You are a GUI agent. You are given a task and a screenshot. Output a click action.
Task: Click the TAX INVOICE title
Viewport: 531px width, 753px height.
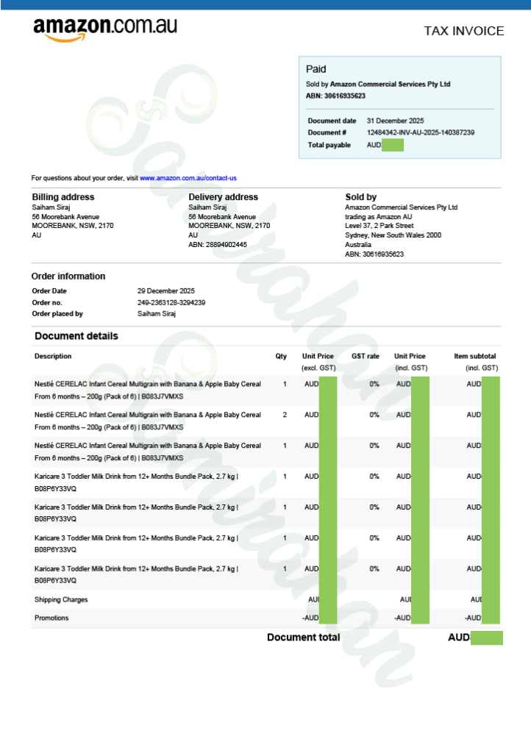click(x=463, y=31)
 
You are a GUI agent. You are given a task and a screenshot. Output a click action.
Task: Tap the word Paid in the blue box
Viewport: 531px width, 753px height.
click(x=316, y=69)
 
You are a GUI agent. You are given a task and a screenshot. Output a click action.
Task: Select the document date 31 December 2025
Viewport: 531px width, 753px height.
click(x=395, y=121)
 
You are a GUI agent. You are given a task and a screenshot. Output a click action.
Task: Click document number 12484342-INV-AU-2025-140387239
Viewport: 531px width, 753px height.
click(x=420, y=132)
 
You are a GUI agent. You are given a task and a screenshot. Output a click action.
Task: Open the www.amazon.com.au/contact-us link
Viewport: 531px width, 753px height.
click(x=188, y=178)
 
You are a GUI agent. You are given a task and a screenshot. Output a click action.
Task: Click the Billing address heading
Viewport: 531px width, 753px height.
click(x=63, y=197)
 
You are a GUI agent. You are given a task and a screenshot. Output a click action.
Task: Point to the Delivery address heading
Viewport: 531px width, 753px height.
click(x=223, y=197)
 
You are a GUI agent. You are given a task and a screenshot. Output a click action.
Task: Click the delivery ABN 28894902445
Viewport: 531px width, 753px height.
click(x=218, y=245)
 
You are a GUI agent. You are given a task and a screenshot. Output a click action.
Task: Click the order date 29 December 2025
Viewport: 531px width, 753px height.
click(x=166, y=291)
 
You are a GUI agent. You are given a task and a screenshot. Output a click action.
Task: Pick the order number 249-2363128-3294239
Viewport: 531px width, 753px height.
click(x=171, y=302)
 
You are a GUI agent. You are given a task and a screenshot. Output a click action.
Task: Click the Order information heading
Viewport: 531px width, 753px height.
click(x=68, y=276)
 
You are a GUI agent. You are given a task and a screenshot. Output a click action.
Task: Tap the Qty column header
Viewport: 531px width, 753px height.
click(x=281, y=357)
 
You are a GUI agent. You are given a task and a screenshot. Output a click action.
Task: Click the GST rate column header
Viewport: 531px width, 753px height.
click(x=366, y=357)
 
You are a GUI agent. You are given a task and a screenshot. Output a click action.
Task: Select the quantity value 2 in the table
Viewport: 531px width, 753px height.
click(x=285, y=415)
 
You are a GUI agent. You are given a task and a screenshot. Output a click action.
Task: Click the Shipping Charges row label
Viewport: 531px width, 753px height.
click(x=61, y=600)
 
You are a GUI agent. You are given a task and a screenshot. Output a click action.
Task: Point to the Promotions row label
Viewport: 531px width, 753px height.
click(x=51, y=618)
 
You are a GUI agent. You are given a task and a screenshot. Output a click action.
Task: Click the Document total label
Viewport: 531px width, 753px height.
click(x=303, y=638)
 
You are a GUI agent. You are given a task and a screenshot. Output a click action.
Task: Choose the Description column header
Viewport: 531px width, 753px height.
click(x=53, y=357)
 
